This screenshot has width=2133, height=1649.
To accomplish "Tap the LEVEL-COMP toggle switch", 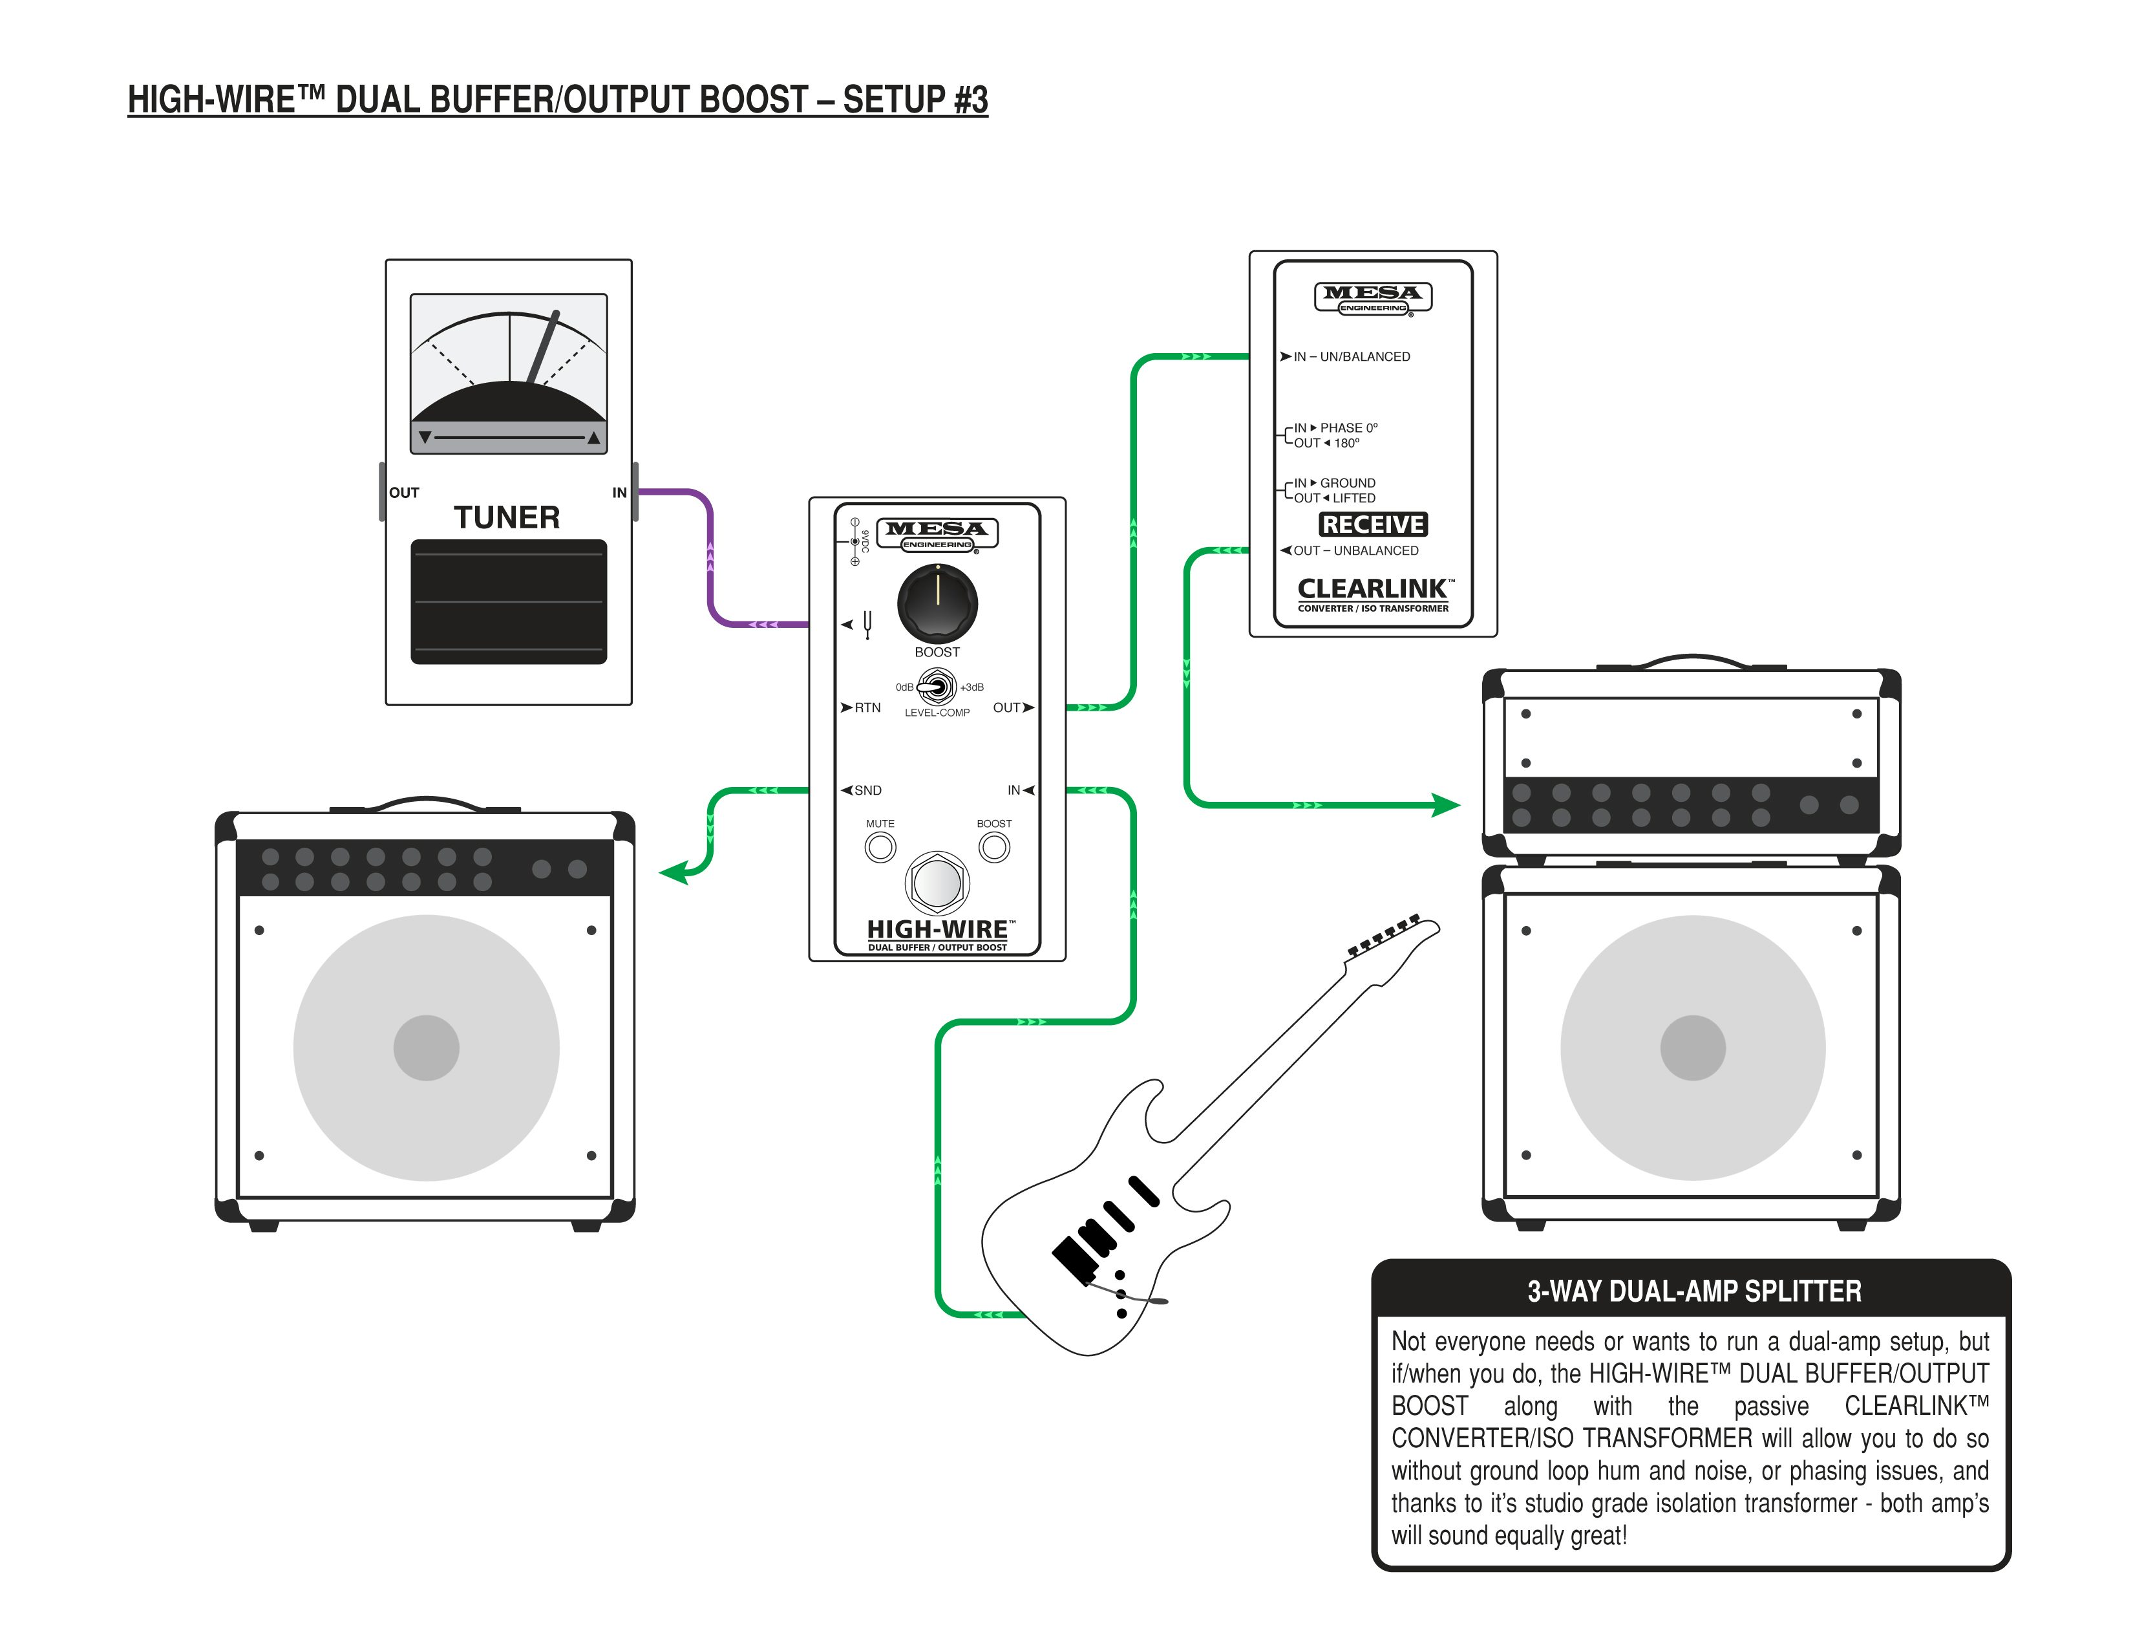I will [937, 687].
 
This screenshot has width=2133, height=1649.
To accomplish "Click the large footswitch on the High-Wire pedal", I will [937, 882].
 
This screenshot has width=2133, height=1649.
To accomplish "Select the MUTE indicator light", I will [880, 847].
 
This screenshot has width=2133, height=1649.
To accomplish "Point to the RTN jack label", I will [866, 707].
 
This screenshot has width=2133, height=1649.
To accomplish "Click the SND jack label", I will [866, 790].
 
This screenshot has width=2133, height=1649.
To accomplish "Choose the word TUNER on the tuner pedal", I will [507, 517].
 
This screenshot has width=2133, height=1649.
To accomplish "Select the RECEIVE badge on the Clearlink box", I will [1372, 524].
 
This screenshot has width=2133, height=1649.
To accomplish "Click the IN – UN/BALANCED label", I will [1351, 356].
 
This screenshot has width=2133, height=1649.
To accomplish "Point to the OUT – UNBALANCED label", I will [1355, 551].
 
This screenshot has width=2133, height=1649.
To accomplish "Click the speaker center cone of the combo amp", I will [426, 1047].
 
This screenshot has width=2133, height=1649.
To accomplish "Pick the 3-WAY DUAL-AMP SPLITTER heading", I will [1693, 1291].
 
